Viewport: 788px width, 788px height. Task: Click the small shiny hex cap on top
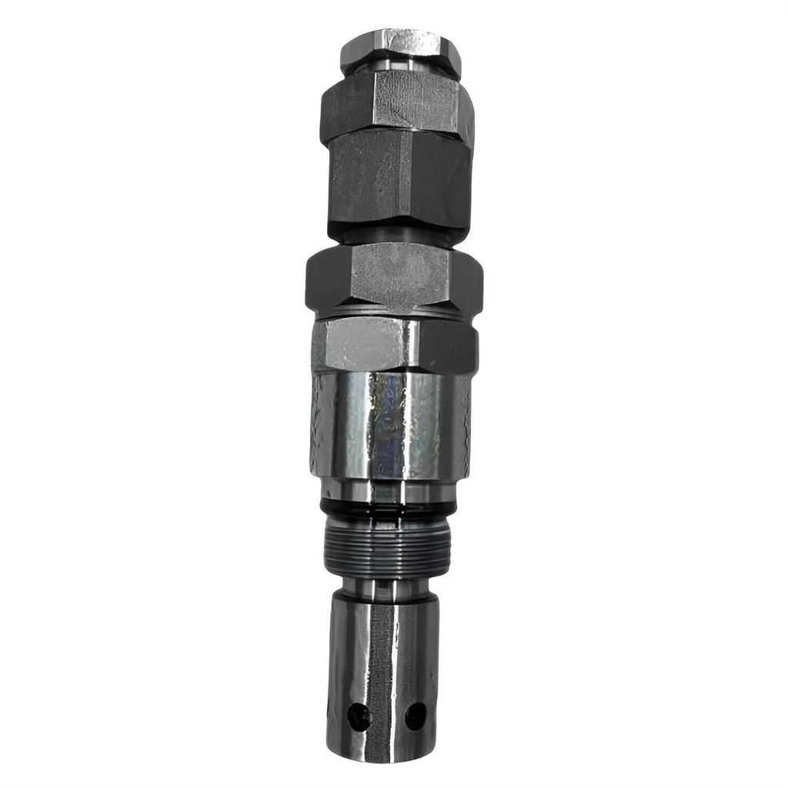point(400,48)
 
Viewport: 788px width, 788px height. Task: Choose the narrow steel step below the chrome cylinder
point(389,489)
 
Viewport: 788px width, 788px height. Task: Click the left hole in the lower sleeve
point(358,717)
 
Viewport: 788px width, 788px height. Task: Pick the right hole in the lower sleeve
point(416,716)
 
